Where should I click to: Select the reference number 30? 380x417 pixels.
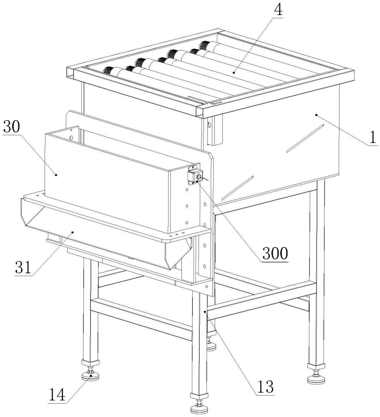coord(12,127)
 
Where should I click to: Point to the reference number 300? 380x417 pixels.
coord(275,253)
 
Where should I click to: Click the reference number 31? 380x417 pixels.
coord(24,267)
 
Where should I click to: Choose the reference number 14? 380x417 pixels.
coord(57,394)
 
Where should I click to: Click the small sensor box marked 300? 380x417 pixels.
coord(195,176)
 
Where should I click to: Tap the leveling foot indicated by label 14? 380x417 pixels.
coord(91,375)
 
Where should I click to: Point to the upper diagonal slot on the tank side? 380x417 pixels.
coord(305,138)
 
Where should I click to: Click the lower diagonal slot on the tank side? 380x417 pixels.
coord(237,188)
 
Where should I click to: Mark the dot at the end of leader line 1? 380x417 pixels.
coord(317,115)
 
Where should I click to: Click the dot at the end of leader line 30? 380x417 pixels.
coord(56,175)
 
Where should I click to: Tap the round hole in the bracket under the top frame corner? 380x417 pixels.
coord(209,124)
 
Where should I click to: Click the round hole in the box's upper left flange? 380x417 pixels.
coord(71,137)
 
